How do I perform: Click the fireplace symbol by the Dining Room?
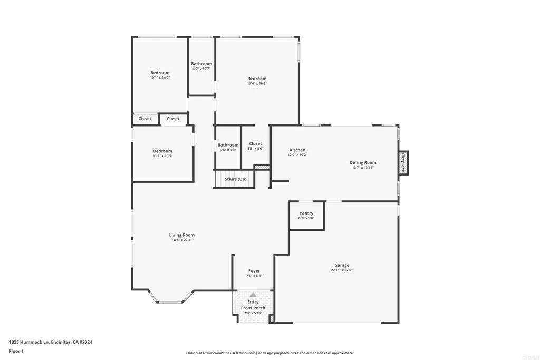(x=403, y=163)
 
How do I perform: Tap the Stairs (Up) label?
(x=235, y=179)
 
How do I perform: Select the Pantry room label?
(x=306, y=213)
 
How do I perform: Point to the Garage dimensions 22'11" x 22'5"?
(x=342, y=270)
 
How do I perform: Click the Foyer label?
(x=254, y=271)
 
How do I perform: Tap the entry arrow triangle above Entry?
(x=253, y=295)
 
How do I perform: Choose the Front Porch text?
(x=253, y=308)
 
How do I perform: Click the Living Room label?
(x=181, y=235)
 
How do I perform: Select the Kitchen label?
(x=297, y=150)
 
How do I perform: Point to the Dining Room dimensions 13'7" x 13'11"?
(x=363, y=168)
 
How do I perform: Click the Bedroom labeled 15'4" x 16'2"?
(x=257, y=79)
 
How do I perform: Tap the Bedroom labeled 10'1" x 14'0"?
(x=160, y=73)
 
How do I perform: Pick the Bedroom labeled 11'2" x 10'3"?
(x=162, y=151)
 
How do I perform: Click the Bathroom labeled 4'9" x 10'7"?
(x=201, y=64)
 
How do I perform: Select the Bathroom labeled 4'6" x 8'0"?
(x=228, y=145)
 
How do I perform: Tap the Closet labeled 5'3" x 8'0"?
(x=255, y=143)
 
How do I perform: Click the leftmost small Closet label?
(x=145, y=119)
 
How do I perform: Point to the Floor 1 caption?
(x=16, y=351)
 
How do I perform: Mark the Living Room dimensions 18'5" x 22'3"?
(x=181, y=240)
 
